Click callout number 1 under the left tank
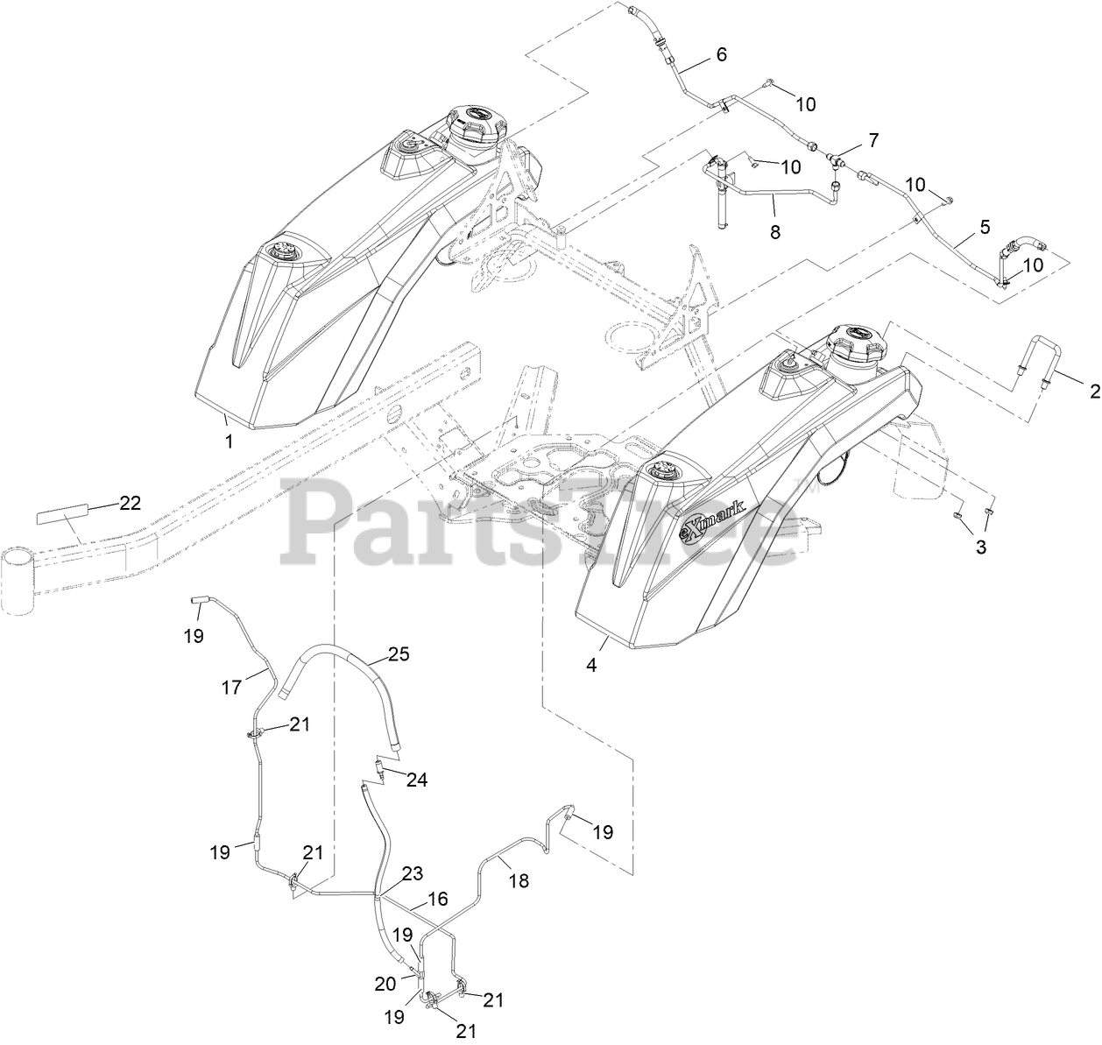[x=230, y=442]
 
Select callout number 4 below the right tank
[x=592, y=665]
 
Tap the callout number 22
[x=130, y=503]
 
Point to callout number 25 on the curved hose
[x=399, y=654]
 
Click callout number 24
[x=417, y=779]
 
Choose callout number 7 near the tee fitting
[x=872, y=139]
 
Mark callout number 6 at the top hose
[x=721, y=54]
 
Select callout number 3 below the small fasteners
[x=980, y=547]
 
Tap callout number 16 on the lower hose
[x=437, y=899]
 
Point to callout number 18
[x=519, y=881]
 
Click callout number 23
[x=412, y=872]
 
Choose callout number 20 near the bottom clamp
[x=386, y=984]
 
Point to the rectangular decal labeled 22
[x=61, y=513]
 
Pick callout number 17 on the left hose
[x=231, y=688]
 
